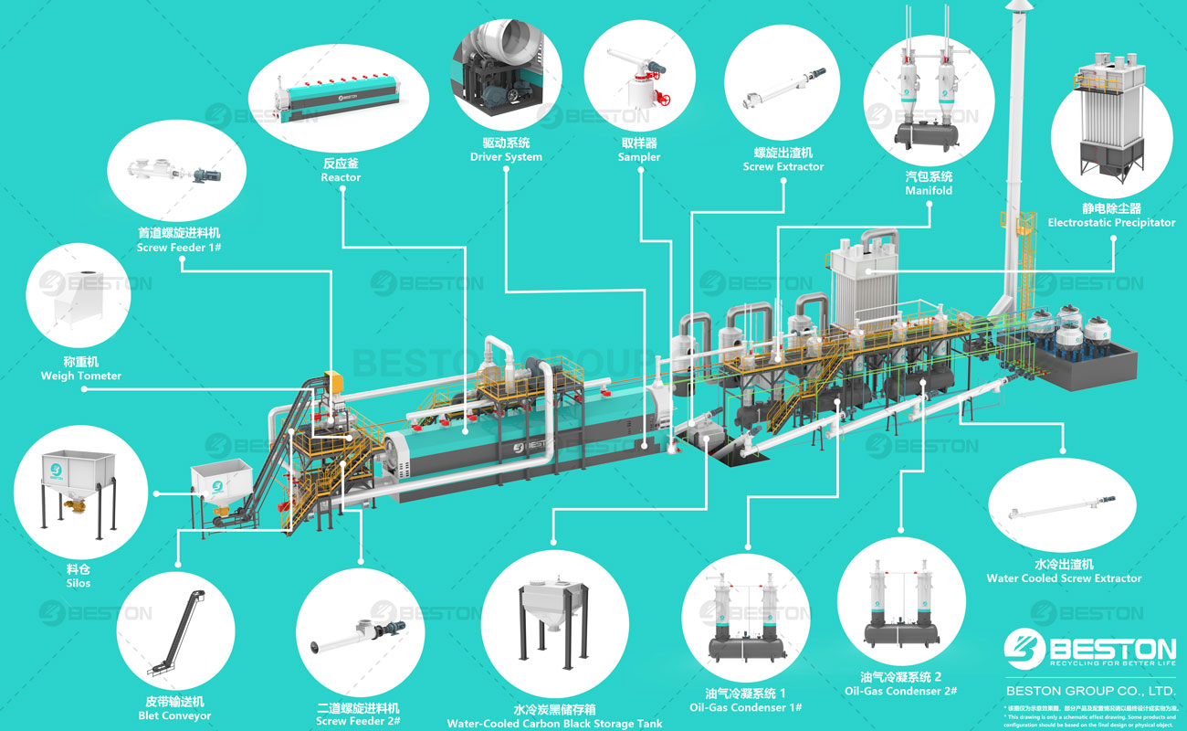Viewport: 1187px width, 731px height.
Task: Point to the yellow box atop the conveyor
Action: (333, 378)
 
